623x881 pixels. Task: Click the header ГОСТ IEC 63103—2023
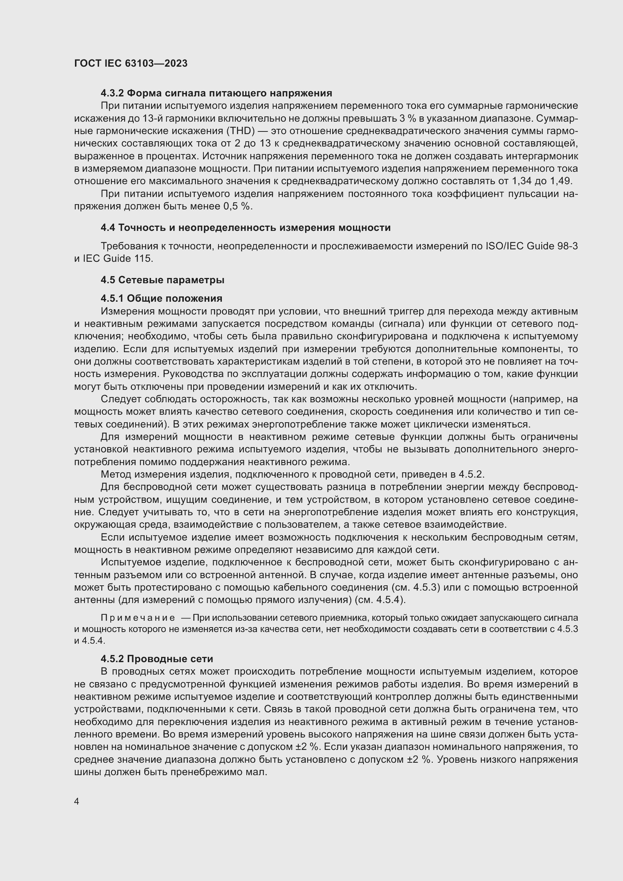[131, 64]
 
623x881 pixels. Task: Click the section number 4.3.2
[112, 93]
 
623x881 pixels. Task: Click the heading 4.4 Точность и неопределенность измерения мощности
[246, 228]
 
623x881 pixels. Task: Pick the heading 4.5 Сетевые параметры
[162, 280]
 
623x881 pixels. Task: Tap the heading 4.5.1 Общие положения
[161, 299]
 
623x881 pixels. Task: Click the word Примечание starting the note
[138, 618]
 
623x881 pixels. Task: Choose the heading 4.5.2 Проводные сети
[157, 659]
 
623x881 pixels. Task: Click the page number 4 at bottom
[77, 802]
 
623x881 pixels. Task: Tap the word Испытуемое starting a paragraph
[127, 562]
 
